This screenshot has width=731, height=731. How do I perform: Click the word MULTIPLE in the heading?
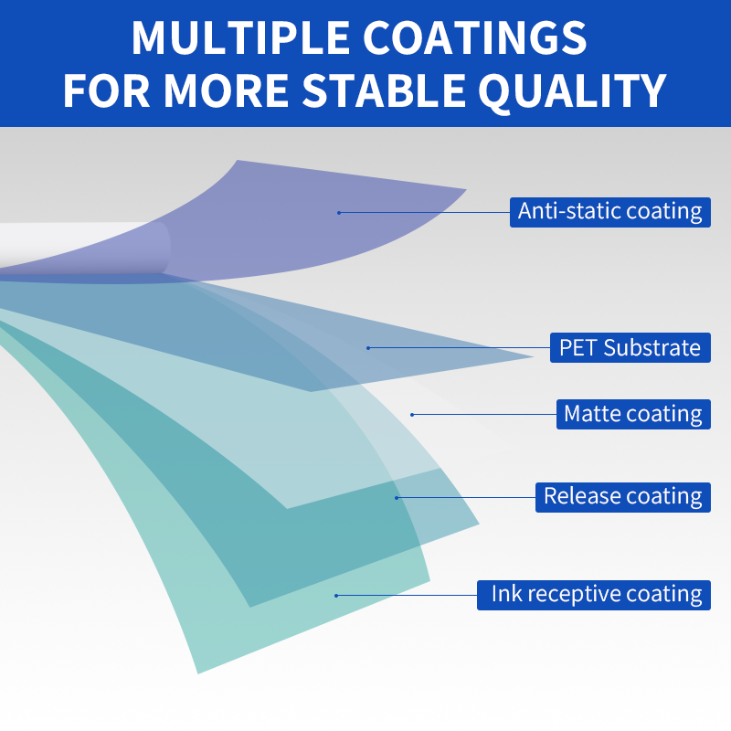pos(240,37)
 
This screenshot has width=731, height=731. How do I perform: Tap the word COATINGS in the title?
pos(474,37)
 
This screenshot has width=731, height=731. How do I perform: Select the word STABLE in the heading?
pos(384,90)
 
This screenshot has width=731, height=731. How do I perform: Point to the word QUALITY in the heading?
pos(573,91)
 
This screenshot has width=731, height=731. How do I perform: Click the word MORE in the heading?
pos(226,90)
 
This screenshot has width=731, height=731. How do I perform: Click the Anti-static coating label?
pos(609,213)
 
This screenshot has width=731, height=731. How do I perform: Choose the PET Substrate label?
pos(630,347)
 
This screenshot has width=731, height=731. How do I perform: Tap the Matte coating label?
pos(633,414)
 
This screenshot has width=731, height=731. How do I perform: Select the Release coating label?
pos(623,497)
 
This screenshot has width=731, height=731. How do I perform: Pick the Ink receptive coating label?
pos(593,596)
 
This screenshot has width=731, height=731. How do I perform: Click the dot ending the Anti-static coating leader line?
pos(339,213)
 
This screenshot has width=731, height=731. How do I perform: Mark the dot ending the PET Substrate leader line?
pos(368,348)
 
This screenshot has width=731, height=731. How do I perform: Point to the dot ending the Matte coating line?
pos(412,415)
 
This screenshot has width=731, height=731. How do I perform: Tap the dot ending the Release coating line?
pos(397,498)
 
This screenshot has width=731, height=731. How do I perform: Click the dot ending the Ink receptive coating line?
pos(336,596)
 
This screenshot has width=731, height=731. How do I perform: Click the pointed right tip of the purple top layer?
pos(466,189)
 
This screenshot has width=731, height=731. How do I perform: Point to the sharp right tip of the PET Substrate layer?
pos(534,357)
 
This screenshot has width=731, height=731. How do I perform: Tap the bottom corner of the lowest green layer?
pos(198,673)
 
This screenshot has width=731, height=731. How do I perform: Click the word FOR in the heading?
pos(106,90)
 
